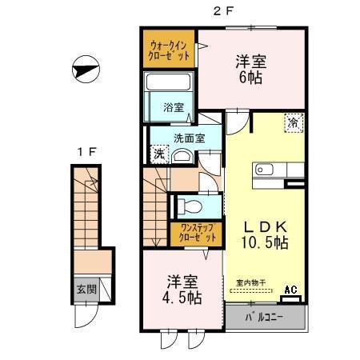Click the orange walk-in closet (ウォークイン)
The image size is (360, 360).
tap(170, 50)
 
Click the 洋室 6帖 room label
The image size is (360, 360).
tap(251, 69)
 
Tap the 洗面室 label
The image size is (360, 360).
tap(190, 138)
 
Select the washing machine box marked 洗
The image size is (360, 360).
tap(158, 153)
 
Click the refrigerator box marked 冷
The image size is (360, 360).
tap(293, 122)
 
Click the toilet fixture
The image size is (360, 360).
tap(189, 206)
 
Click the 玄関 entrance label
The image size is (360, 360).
tap(86, 289)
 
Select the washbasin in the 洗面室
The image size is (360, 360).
tap(183, 156)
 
